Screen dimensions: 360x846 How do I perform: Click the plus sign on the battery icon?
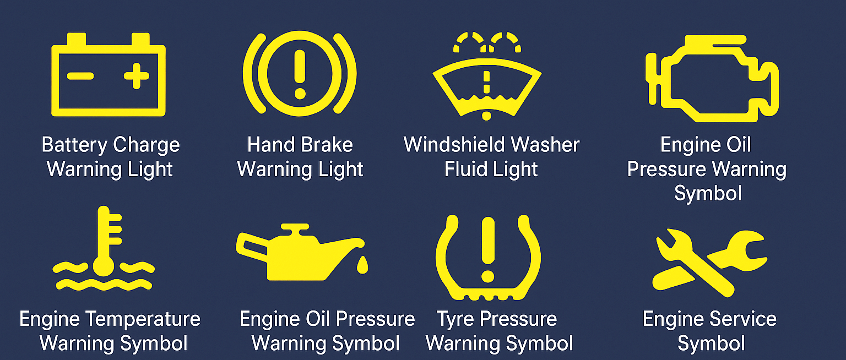pyautogui.click(x=136, y=76)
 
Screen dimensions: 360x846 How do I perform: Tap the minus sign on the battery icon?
pyautogui.click(x=80, y=76)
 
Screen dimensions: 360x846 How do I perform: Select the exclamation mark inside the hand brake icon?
pyautogui.click(x=300, y=74)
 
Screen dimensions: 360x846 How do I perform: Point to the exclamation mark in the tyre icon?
pyautogui.click(x=487, y=248)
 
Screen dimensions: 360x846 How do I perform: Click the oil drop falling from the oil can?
pyautogui.click(x=362, y=265)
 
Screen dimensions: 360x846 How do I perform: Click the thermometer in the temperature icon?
pyautogui.click(x=105, y=242)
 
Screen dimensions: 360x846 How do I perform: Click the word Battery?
pyautogui.click(x=74, y=145)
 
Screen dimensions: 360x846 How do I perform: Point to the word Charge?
pyautogui.click(x=146, y=145)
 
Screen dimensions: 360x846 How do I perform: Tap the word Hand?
pyautogui.click(x=268, y=145)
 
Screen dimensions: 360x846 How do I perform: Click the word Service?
pyautogui.click(x=742, y=319)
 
